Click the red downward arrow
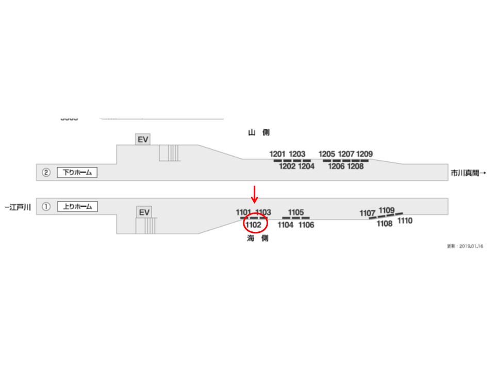(x=254, y=194)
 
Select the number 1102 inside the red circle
(x=254, y=225)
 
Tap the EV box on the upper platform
(x=143, y=139)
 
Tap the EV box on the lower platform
(x=144, y=212)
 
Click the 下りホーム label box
(x=77, y=173)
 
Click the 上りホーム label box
(x=77, y=207)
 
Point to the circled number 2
(x=46, y=173)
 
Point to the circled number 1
(x=46, y=207)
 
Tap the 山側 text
(x=258, y=132)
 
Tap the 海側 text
(x=257, y=239)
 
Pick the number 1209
(x=365, y=154)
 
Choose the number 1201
(x=277, y=154)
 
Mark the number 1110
(x=405, y=221)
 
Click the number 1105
(x=296, y=212)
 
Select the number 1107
(x=368, y=213)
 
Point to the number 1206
(x=336, y=166)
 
